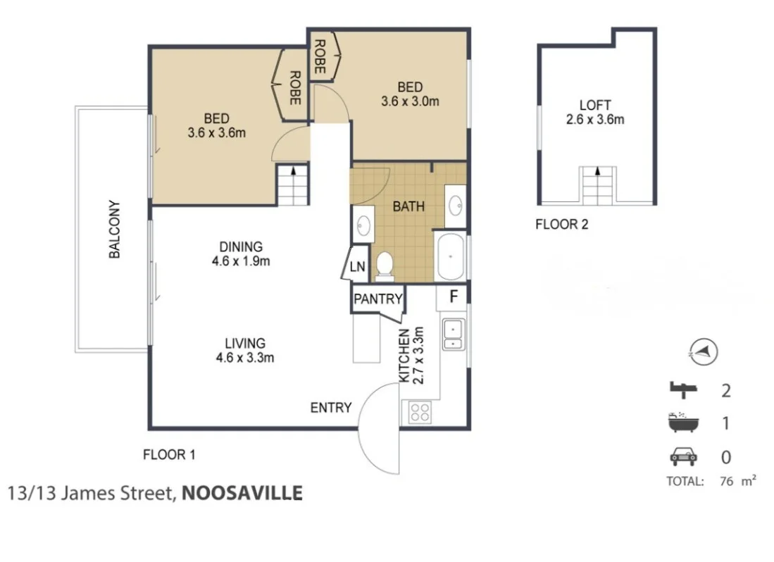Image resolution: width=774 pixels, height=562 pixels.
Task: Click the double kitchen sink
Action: click(x=452, y=335)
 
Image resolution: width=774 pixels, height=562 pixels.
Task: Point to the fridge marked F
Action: click(x=454, y=296)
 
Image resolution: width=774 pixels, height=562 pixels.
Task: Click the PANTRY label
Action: click(x=378, y=299)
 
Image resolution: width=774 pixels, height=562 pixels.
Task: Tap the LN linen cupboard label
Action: click(x=358, y=267)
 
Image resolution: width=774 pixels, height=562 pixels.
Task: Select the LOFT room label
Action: click(x=594, y=104)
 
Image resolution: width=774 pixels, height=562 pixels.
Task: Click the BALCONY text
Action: click(x=116, y=230)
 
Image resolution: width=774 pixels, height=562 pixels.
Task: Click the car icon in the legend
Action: click(x=682, y=457)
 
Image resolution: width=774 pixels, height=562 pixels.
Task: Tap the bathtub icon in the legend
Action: click(x=682, y=423)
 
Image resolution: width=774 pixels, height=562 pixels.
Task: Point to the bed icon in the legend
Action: click(x=682, y=389)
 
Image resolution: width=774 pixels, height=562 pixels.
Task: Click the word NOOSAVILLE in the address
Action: click(x=242, y=493)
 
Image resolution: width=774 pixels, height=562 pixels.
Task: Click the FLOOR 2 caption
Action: click(x=561, y=225)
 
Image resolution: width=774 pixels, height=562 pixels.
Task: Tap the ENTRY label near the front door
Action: click(x=331, y=408)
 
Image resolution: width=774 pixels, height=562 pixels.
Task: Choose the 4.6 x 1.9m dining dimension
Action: click(x=241, y=261)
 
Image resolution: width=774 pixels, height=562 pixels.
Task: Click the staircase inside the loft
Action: click(x=598, y=185)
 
